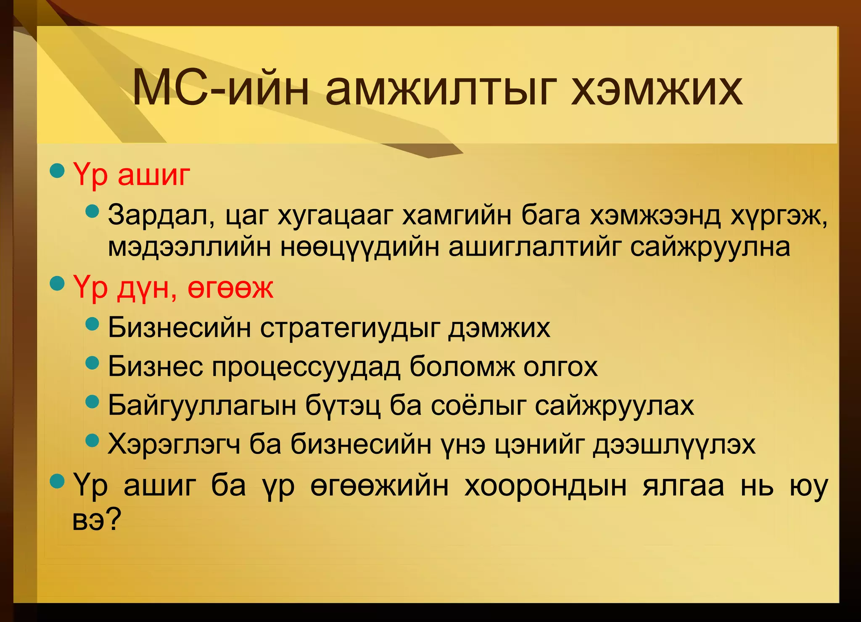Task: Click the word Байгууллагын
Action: tap(202, 405)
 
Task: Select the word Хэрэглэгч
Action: tap(174, 444)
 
